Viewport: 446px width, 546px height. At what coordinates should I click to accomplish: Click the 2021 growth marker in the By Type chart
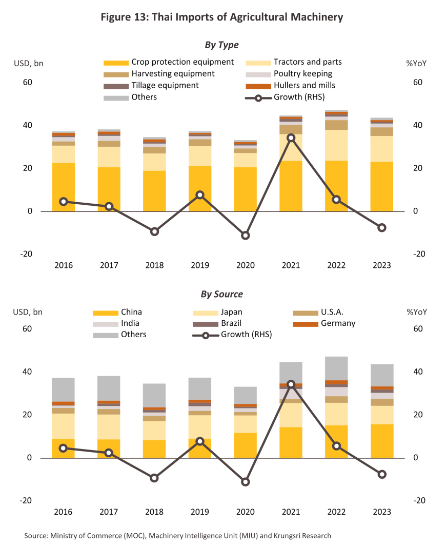291,138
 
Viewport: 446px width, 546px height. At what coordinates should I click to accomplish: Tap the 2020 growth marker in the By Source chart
246,482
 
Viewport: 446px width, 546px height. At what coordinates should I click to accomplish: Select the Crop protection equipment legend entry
169,62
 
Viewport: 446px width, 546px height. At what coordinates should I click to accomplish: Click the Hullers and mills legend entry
291,85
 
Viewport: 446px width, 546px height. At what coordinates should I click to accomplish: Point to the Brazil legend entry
217,323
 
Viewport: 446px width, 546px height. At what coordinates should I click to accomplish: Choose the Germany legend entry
324,323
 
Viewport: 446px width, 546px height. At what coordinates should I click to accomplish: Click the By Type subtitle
221,45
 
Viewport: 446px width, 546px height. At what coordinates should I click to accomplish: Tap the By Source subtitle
221,294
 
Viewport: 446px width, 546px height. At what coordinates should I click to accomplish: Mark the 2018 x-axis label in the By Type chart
154,265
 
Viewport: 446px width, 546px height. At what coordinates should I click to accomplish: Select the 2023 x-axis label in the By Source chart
382,512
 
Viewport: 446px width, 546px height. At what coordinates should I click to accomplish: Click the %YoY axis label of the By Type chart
416,64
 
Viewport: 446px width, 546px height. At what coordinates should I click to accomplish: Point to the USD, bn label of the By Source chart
28,312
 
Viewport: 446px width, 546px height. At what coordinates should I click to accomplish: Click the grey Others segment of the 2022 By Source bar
336,368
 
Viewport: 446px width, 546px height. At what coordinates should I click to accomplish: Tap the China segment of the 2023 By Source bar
382,441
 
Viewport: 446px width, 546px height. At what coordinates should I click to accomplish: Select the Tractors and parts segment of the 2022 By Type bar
336,145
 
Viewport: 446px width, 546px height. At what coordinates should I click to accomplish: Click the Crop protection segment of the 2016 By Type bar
64,187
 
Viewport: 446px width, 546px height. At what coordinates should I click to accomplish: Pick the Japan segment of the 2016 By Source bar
63,426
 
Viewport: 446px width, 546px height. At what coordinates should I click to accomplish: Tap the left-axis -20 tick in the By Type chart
26,254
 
